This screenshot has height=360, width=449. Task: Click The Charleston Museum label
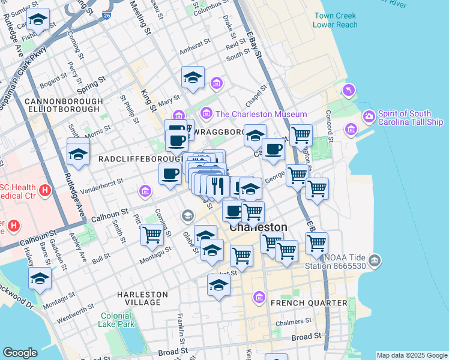coord(261,114)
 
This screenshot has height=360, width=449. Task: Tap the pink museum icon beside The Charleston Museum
coord(206,113)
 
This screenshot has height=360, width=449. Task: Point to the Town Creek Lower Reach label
coord(335,20)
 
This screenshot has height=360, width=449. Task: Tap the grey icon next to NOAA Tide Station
coord(375,260)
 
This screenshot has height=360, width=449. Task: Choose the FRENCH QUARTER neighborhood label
coord(309,303)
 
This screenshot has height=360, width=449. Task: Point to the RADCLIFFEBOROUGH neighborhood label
coord(140,159)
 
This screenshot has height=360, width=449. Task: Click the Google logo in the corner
coord(20,353)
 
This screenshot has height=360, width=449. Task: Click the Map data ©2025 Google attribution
coord(411,355)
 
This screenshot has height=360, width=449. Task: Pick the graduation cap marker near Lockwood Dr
coord(40,278)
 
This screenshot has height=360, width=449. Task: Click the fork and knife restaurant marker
coord(218,185)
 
